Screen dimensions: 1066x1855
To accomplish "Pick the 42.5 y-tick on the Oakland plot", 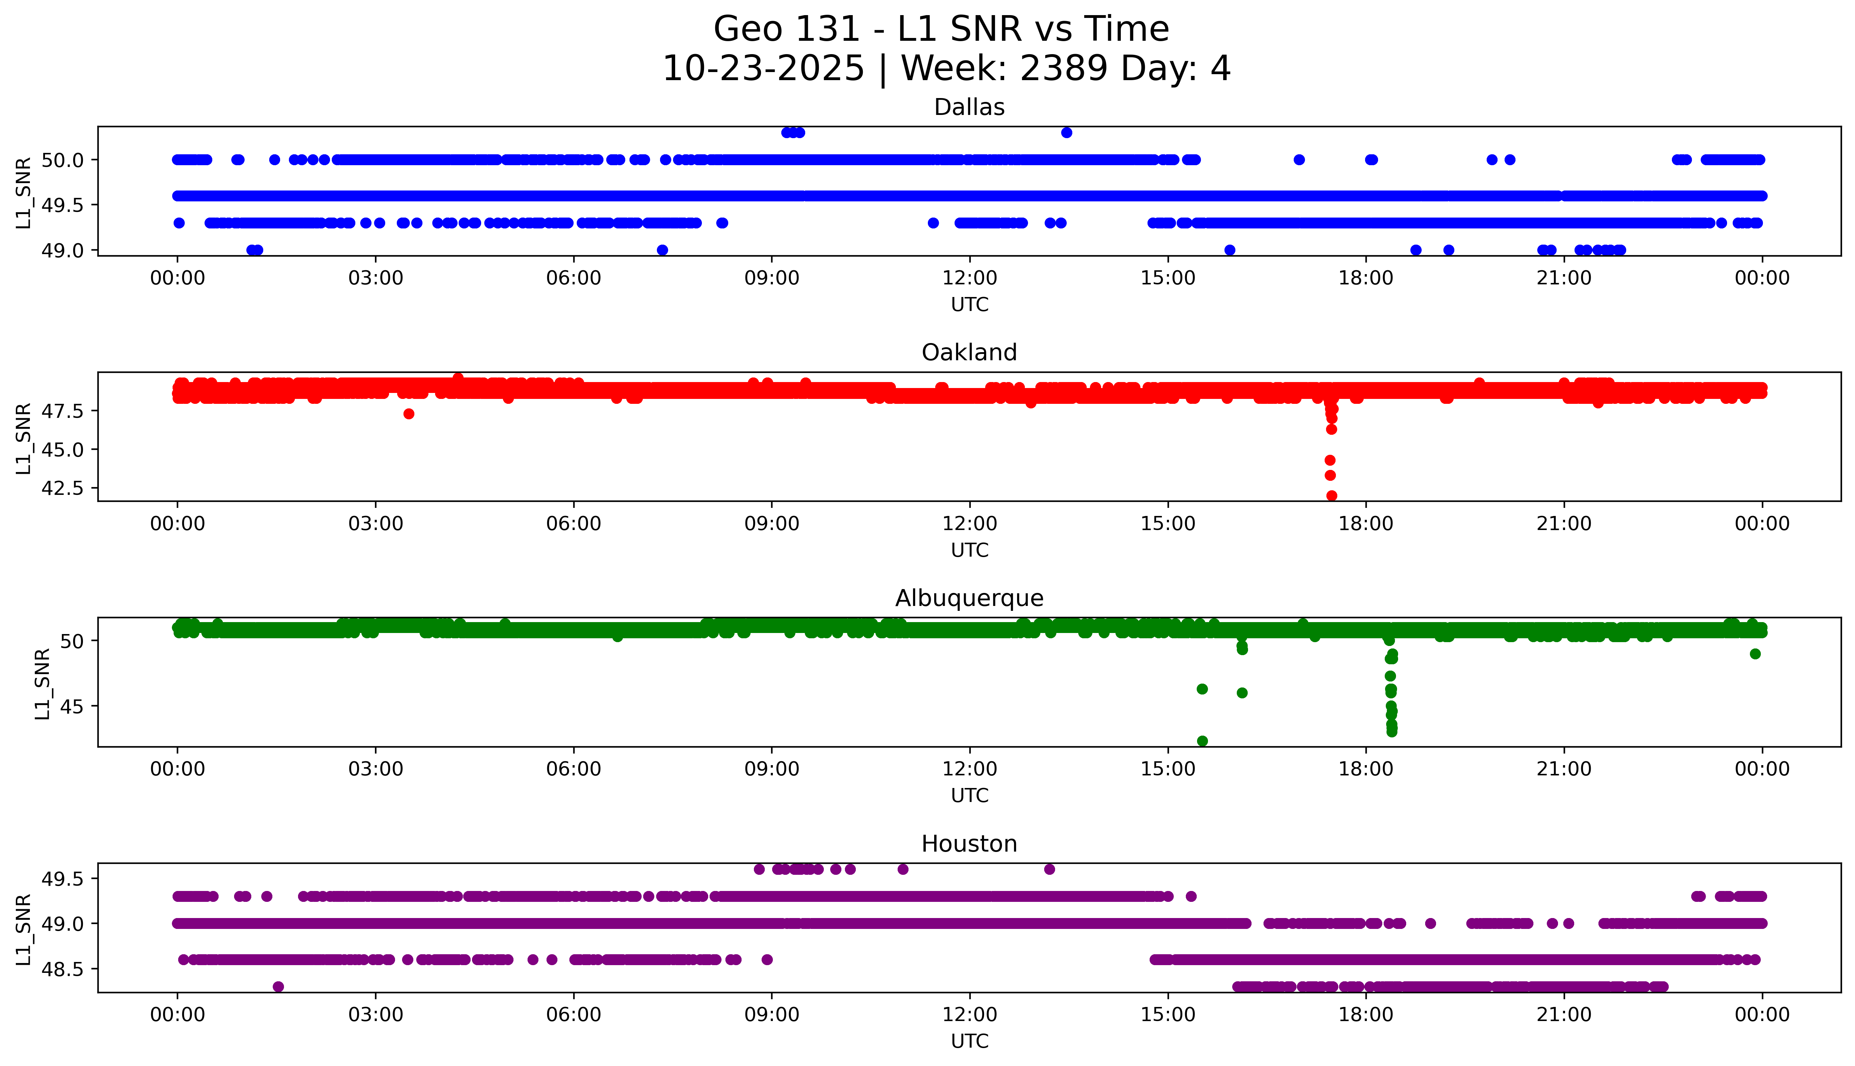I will pos(62,487).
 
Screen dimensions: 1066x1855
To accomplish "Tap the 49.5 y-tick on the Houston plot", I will pos(62,879).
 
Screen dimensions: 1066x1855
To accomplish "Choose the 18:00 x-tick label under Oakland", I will pos(1366,523).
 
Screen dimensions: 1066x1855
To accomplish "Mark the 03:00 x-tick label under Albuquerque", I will pos(376,769).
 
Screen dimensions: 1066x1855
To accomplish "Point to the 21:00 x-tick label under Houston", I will pos(1564,1015).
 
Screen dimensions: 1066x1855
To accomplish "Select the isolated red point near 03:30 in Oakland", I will pos(408,414).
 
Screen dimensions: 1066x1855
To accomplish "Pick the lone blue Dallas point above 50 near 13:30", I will pos(1067,133).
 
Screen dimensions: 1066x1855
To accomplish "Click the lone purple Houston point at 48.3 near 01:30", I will pos(278,986).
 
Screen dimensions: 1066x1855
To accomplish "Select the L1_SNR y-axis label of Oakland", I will pos(24,438).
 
